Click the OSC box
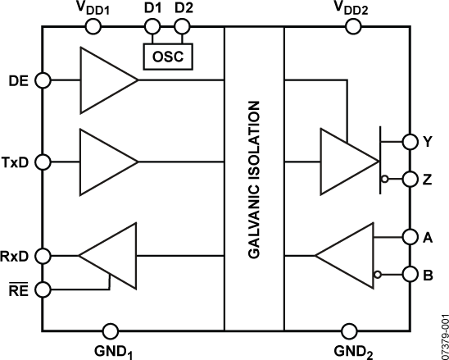[x=167, y=57]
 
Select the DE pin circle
[x=43, y=80]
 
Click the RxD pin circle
[x=43, y=256]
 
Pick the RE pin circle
[x=43, y=289]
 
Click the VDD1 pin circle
[x=93, y=27]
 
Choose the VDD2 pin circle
[x=353, y=27]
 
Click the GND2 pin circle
[x=349, y=330]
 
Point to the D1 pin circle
[x=151, y=27]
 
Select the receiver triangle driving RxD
[x=111, y=256]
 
